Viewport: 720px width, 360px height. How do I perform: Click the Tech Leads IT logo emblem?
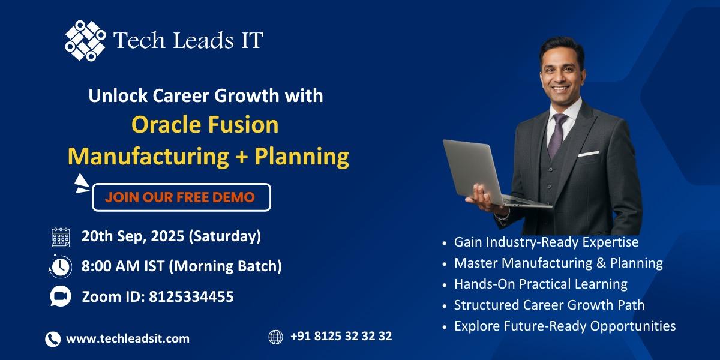coord(85,41)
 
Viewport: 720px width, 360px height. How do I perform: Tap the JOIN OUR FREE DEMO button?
coord(182,197)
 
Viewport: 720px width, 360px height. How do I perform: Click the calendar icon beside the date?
coord(61,237)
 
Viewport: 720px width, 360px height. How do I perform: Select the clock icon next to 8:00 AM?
coord(61,266)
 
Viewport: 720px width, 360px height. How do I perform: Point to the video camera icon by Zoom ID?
coord(61,296)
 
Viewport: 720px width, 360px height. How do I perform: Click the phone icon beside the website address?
coord(53,339)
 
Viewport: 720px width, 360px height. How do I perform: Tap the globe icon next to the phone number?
coord(275,337)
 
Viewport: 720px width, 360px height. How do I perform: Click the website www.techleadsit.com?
coord(128,338)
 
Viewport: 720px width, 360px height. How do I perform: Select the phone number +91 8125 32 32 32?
coord(341,336)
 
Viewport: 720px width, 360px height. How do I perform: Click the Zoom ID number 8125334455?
coord(191,296)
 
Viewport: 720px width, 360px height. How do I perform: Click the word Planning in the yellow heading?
coord(302,157)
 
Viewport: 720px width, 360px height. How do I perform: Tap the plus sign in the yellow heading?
coord(242,157)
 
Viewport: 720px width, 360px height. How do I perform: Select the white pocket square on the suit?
coord(589,154)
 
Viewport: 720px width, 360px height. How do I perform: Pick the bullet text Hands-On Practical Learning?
coord(541,284)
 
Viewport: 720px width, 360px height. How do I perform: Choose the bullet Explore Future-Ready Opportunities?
coord(565,326)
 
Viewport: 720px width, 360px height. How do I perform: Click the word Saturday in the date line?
coord(224,236)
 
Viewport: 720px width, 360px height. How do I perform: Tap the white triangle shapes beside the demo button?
coord(82,184)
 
